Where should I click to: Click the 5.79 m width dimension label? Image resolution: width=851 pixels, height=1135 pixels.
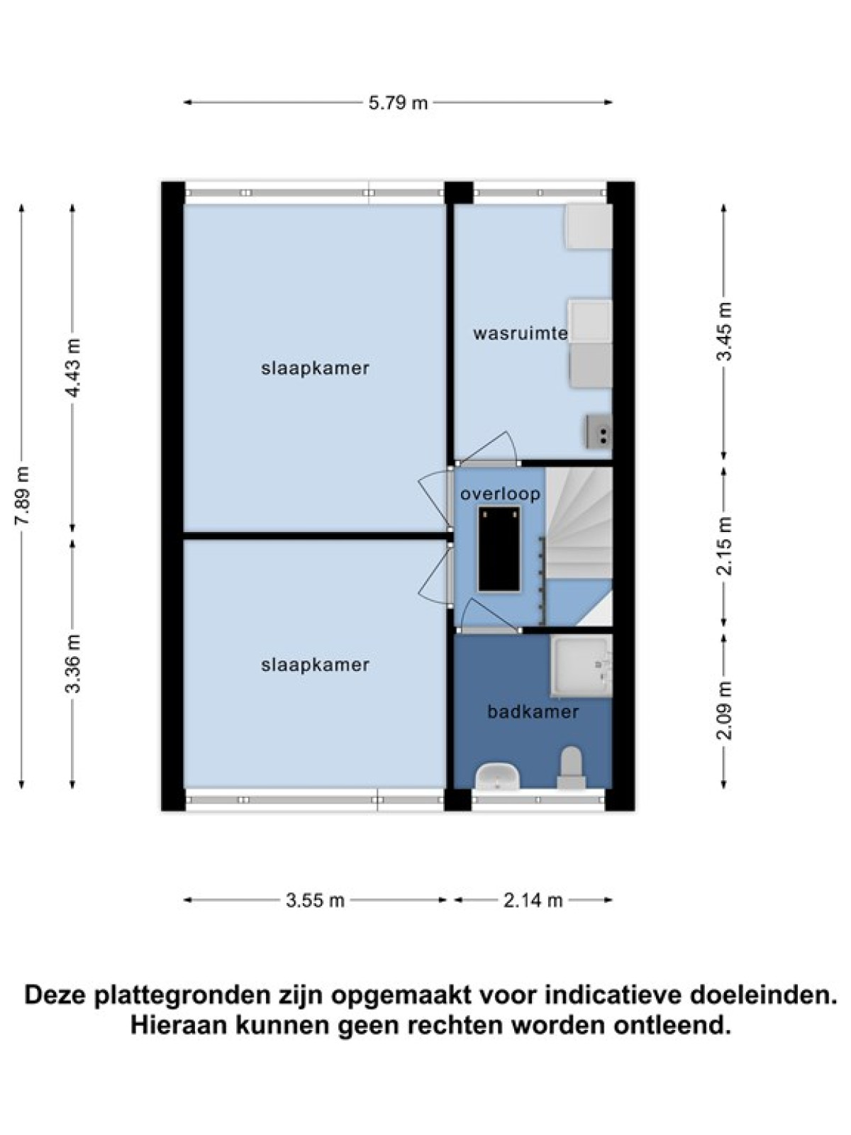click(398, 103)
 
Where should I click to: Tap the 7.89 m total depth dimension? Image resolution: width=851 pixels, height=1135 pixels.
click(23, 495)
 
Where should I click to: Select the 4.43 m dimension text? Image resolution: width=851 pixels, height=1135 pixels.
click(74, 367)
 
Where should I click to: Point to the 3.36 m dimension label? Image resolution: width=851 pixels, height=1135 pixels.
click(74, 663)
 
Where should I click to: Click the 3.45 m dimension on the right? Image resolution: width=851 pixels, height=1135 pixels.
click(725, 331)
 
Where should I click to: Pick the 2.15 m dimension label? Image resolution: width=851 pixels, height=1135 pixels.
click(725, 546)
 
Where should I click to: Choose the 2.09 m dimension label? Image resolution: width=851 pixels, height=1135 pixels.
click(725, 710)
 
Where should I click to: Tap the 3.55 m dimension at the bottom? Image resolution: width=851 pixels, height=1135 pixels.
click(315, 900)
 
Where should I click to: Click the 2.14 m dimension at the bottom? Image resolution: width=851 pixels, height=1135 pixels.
click(533, 900)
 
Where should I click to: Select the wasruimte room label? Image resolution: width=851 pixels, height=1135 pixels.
click(521, 333)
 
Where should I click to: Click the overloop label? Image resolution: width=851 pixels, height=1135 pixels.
click(500, 494)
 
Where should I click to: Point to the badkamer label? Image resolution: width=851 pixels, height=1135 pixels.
click(533, 712)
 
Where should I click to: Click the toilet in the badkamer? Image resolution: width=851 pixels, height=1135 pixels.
click(571, 768)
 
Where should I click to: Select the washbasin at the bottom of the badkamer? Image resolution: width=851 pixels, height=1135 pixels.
click(497, 777)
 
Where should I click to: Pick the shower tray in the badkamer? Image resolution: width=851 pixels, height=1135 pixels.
click(582, 666)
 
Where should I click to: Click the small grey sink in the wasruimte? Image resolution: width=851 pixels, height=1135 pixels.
click(599, 432)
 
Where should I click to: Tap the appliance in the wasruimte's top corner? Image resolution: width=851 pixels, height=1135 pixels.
click(589, 226)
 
